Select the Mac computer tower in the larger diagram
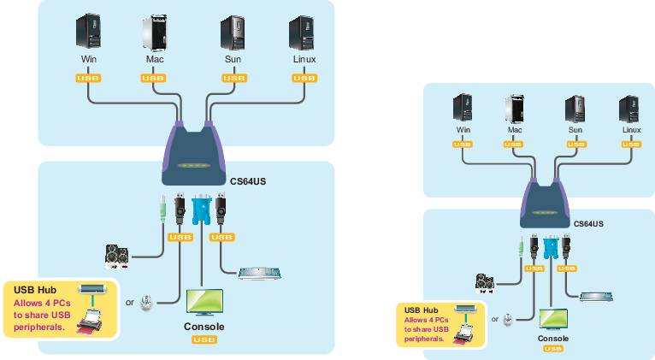153,31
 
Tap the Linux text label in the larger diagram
303,60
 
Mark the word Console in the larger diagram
204,327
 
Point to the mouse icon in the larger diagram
148,303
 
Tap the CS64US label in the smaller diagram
588,223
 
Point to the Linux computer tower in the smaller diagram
629,111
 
